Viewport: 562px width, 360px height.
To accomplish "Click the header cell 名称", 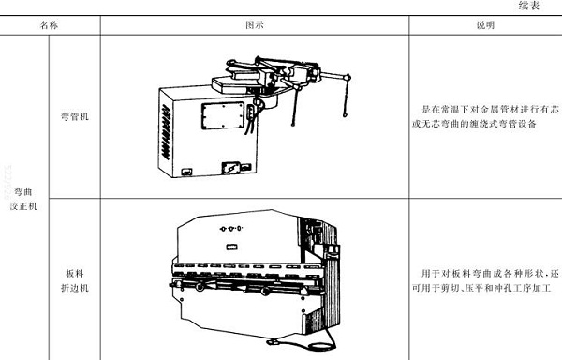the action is (50, 26).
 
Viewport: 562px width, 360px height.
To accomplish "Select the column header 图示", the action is (254, 26).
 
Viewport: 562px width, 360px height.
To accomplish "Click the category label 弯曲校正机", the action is (23, 198).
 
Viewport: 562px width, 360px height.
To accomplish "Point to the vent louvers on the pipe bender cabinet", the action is (166, 131).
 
